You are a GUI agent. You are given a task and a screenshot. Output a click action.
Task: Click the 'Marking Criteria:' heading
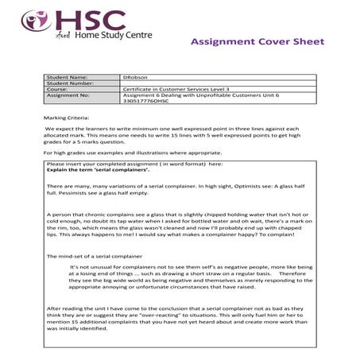point(64,116)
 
